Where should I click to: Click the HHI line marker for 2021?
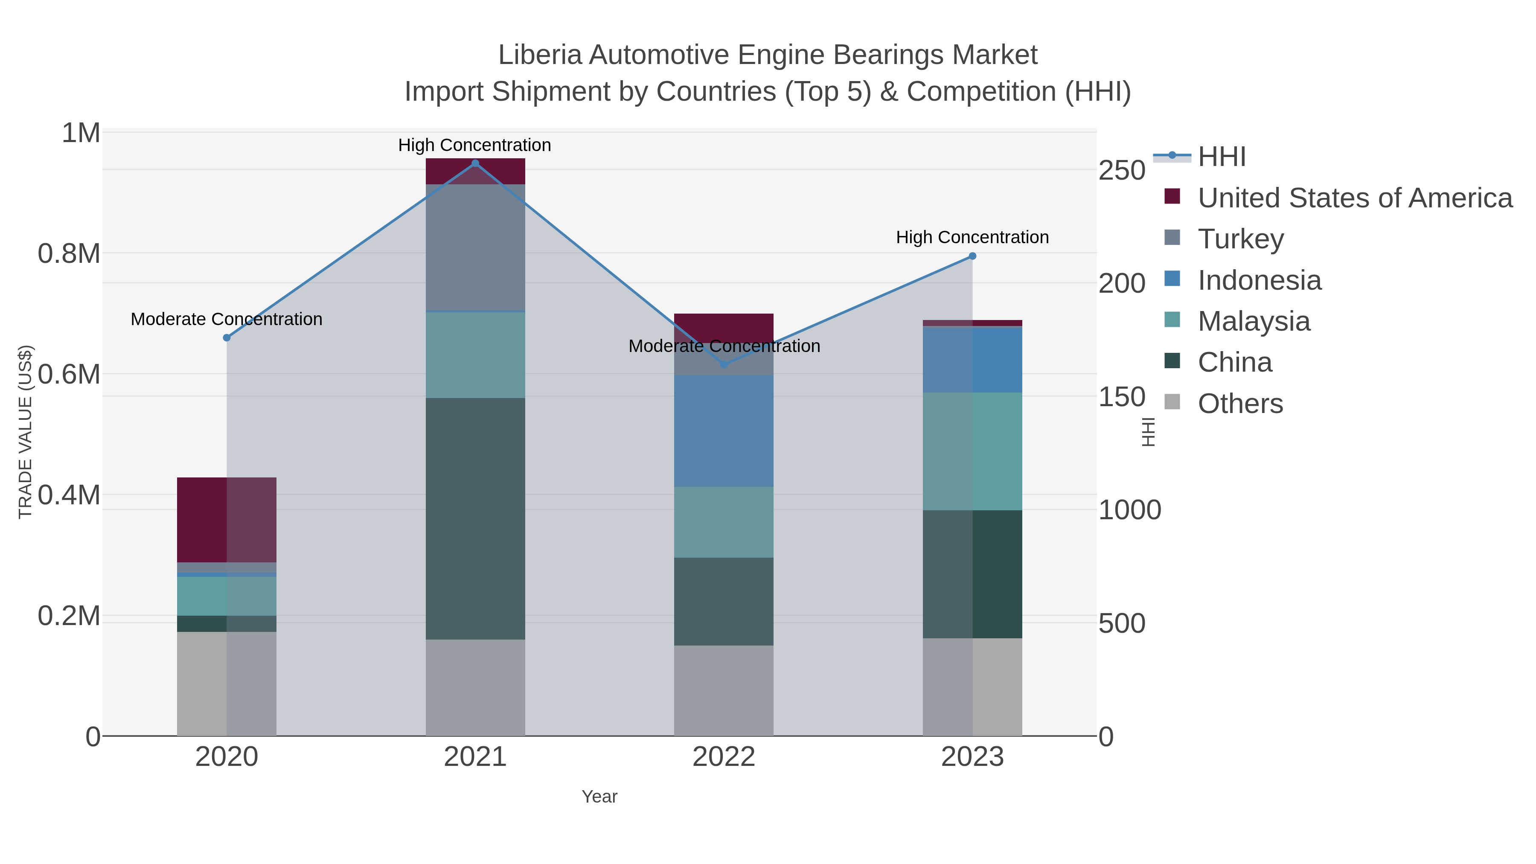(x=475, y=163)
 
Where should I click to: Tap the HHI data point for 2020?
(x=227, y=338)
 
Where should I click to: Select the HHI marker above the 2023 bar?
(x=972, y=256)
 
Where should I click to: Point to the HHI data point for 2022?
(x=724, y=364)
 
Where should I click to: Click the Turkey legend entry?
(x=1240, y=239)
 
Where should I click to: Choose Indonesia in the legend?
(x=1260, y=280)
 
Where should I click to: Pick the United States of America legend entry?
(x=1355, y=198)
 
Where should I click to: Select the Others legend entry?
(x=1240, y=404)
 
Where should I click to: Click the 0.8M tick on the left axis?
(x=69, y=254)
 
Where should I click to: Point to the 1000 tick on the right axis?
(x=1129, y=510)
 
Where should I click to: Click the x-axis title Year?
(x=599, y=797)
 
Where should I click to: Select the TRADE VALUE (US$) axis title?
(x=25, y=432)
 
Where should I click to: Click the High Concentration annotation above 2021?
(x=474, y=145)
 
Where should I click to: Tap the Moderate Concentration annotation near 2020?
(x=227, y=320)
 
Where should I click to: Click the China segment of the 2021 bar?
(x=475, y=519)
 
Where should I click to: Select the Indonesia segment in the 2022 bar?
(x=724, y=431)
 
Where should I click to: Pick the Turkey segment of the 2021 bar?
(x=475, y=247)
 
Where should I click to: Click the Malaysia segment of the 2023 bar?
(x=972, y=451)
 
